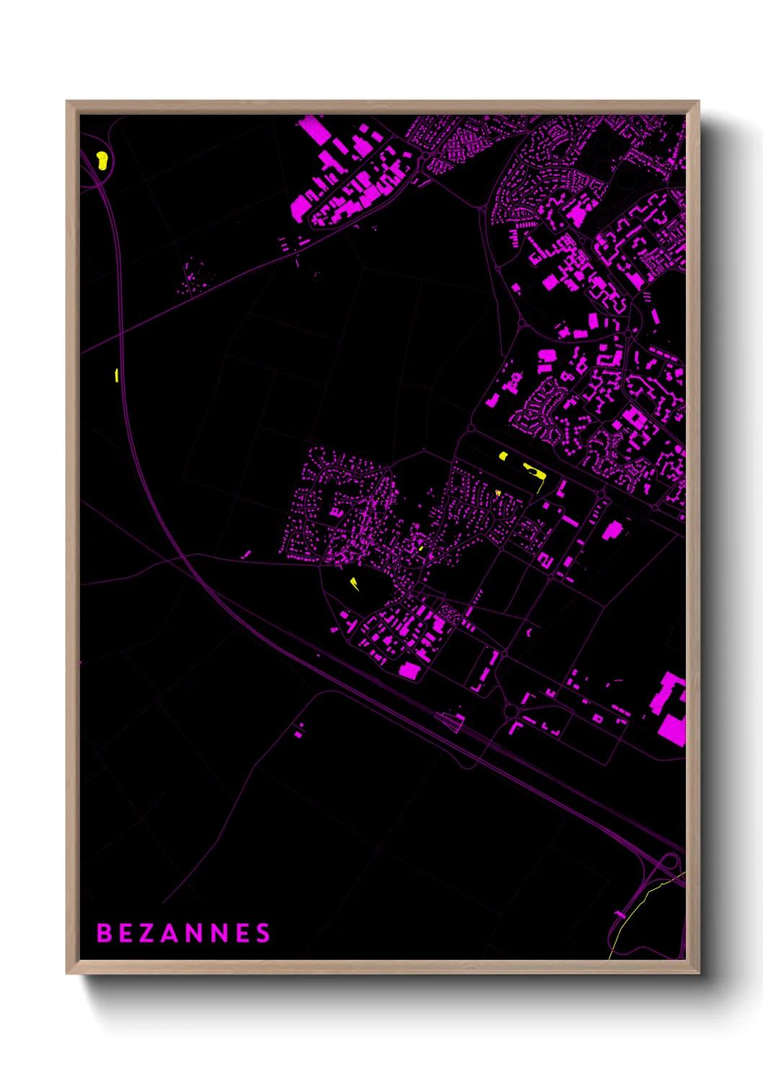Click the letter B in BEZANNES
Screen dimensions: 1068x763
(x=104, y=933)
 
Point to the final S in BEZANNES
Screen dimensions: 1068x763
(x=264, y=933)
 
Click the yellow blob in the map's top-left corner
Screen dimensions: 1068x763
(x=102, y=160)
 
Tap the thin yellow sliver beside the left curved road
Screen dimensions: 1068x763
(x=117, y=375)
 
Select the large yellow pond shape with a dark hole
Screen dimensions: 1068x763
(x=534, y=470)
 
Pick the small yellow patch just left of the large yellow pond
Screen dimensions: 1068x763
(x=503, y=456)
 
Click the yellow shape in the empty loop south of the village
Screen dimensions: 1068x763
(x=354, y=583)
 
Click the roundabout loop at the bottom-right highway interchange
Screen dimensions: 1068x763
(x=669, y=862)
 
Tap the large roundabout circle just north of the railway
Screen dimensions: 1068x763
(x=511, y=712)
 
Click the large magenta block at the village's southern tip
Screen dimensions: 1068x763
(x=409, y=670)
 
